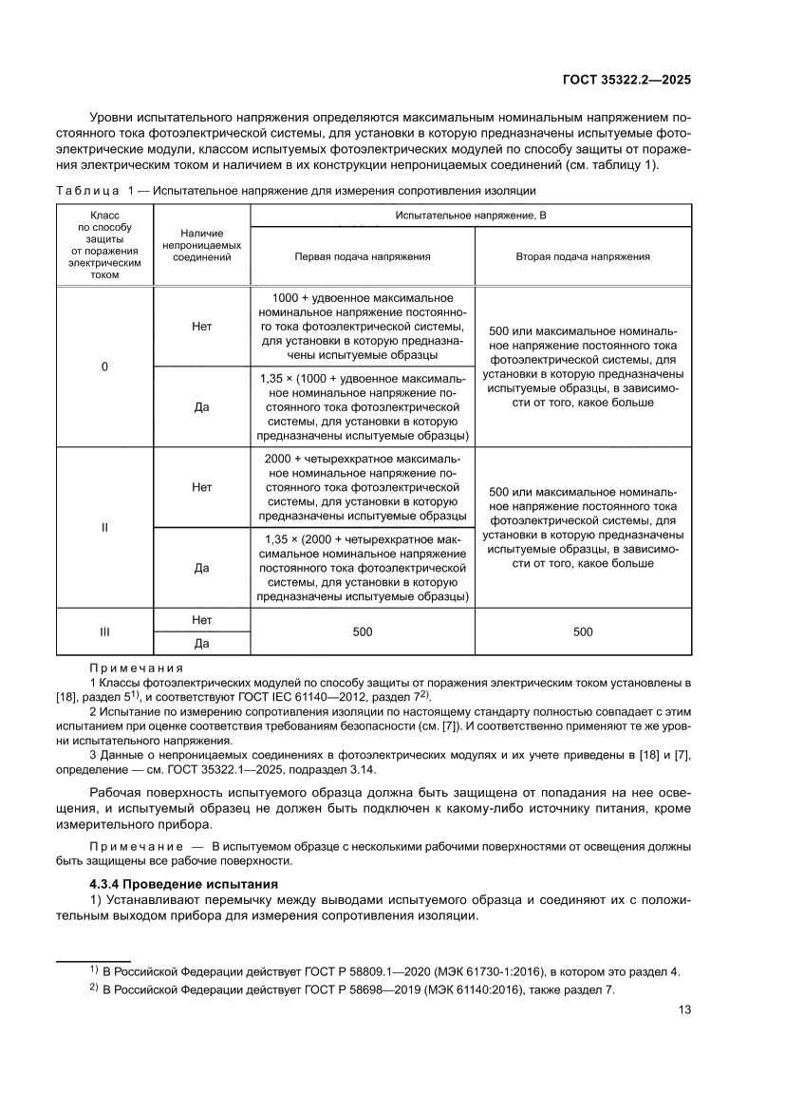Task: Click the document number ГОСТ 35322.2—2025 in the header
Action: (x=623, y=80)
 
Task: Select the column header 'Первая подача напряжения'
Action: (x=363, y=256)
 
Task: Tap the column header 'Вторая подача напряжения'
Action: (x=583, y=256)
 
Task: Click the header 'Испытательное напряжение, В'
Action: (x=471, y=216)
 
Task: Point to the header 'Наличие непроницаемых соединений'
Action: (x=200, y=244)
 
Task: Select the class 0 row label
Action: (x=104, y=366)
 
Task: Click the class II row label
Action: (x=104, y=526)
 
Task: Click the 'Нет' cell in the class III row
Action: (x=200, y=619)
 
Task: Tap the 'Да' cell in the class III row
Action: (x=200, y=644)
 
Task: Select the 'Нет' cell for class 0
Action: (x=200, y=325)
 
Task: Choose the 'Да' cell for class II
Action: (x=200, y=568)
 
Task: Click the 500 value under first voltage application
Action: (x=363, y=631)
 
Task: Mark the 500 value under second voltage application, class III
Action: (x=583, y=631)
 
